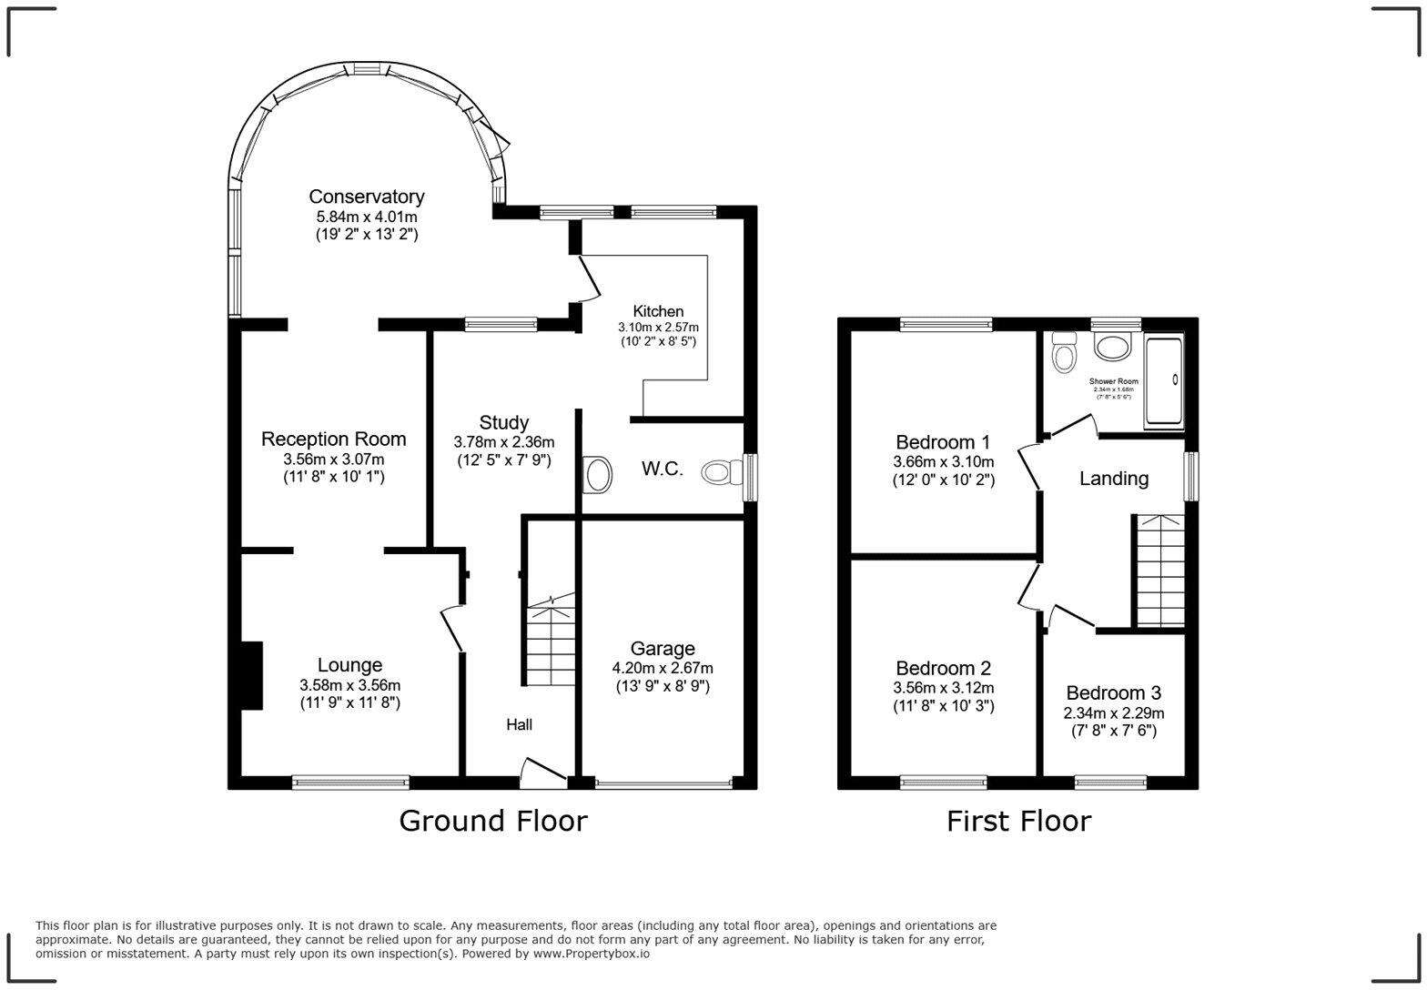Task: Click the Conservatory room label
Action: tap(366, 197)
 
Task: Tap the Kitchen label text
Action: tap(658, 311)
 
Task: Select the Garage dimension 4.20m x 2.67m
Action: tap(662, 668)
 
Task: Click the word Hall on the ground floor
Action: tap(519, 724)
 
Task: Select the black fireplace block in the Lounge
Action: tap(251, 675)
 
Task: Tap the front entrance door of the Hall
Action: tap(543, 770)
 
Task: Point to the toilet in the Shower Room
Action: tap(1063, 351)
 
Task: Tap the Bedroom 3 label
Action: tap(1113, 692)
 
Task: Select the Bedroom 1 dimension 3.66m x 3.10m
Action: tap(943, 461)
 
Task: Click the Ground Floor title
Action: tap(492, 821)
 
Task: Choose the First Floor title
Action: tap(1018, 821)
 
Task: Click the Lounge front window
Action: tap(350, 782)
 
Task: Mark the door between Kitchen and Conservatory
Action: tap(588, 278)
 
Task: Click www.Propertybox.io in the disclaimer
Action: tap(591, 954)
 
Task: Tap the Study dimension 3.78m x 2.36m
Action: tap(503, 442)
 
